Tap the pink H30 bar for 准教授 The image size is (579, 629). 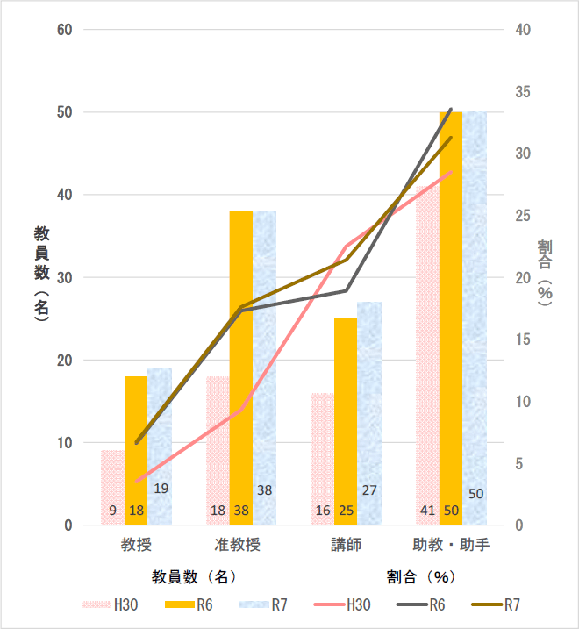coord(218,439)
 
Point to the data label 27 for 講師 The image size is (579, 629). coord(369,490)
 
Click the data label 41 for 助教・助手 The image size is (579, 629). coord(427,511)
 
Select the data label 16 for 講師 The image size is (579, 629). coord(322,511)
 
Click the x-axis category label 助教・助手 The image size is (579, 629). coord(451,545)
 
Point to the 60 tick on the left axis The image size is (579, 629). coord(64,30)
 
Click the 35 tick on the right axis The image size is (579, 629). coord(523,92)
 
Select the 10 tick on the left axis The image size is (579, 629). coord(64,443)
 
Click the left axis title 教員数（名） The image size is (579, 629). coord(41,276)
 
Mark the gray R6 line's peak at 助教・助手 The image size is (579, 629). coord(451,109)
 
